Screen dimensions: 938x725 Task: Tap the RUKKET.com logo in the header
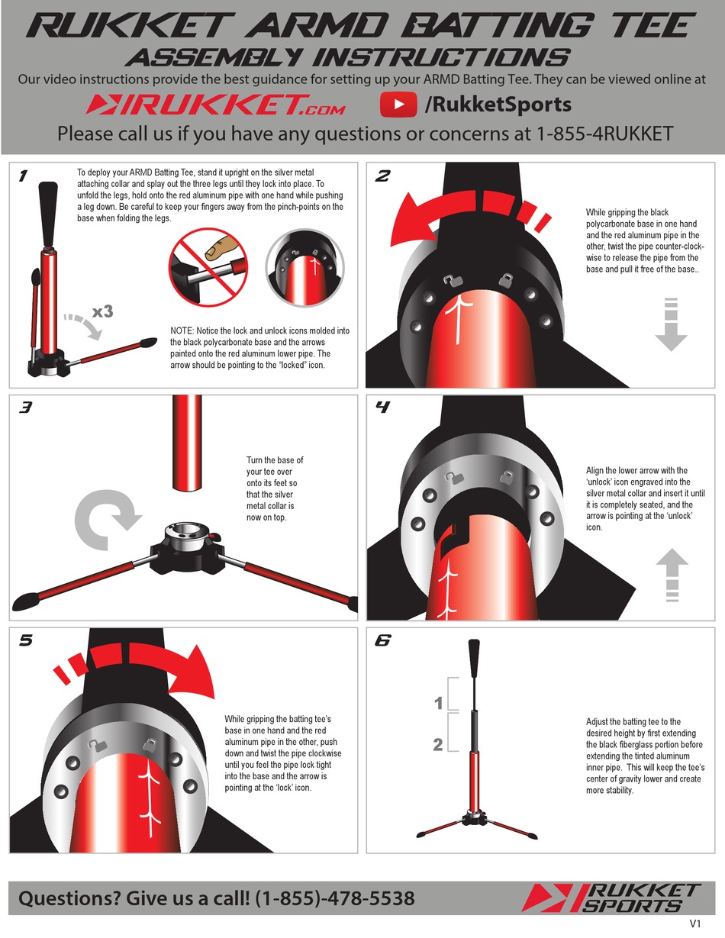pos(215,105)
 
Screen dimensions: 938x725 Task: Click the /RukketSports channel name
pos(498,105)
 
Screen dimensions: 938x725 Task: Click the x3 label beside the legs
pos(103,311)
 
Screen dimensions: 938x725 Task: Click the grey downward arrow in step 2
pos(672,324)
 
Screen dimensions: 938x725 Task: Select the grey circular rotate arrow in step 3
pos(107,518)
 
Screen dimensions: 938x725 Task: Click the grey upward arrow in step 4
pos(672,572)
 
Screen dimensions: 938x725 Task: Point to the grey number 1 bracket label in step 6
pos(438,703)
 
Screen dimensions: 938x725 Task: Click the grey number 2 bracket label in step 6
pos(438,744)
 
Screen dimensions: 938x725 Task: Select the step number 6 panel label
pos(383,640)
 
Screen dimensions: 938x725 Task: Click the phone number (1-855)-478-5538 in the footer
pos(335,898)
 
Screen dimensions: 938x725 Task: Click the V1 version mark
pos(695,923)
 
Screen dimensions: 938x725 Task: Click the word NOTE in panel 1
pos(184,330)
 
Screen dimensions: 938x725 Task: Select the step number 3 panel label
pos(25,408)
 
